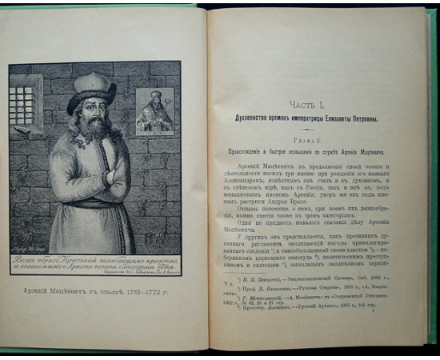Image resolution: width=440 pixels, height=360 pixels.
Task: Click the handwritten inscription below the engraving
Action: [94, 265]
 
